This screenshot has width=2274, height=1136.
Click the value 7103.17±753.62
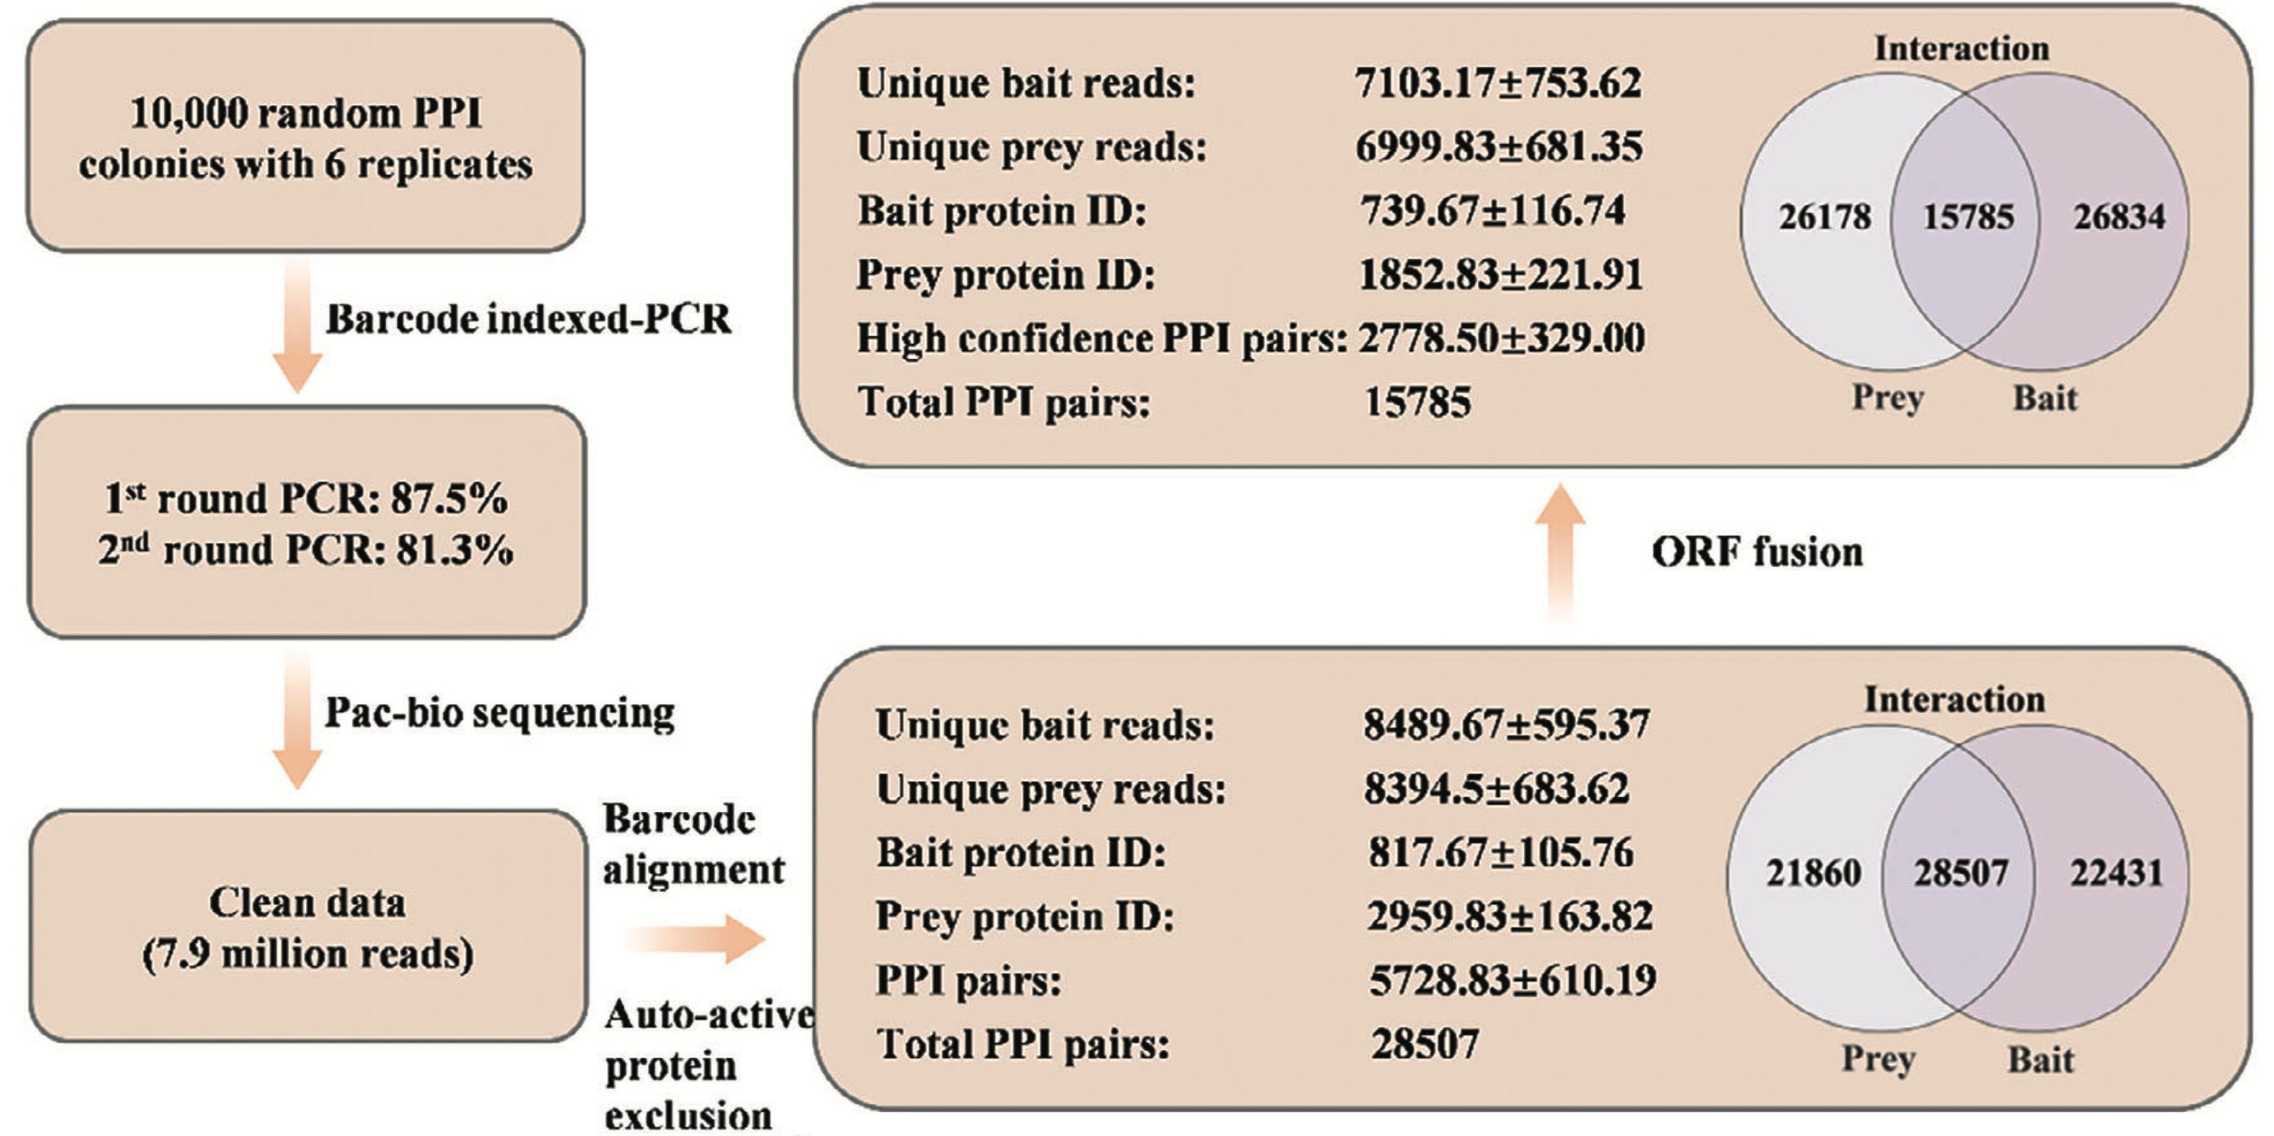pos(1498,83)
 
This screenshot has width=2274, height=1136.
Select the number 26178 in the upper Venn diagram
pos(1825,217)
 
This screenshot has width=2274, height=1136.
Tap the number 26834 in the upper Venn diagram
pos(2119,217)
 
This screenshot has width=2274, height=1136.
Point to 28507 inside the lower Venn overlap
pos(1960,873)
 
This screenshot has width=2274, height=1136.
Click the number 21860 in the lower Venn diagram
pos(1813,873)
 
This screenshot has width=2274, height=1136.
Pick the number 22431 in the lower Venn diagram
pos(2117,873)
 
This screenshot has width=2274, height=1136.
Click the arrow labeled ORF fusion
pos(1560,553)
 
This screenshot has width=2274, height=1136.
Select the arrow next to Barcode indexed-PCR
pos(298,325)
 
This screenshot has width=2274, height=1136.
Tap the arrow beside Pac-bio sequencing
pos(298,719)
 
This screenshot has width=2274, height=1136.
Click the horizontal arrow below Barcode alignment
pos(695,938)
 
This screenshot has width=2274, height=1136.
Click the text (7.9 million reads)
pos(308,954)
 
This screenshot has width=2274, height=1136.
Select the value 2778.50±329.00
pos(1502,338)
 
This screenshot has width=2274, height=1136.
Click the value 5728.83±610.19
pos(1512,980)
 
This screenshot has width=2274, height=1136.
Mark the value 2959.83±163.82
pos(1509,917)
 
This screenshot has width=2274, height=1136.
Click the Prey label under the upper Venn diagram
pos(1887,399)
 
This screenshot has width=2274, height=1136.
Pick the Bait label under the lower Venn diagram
pos(2041,1059)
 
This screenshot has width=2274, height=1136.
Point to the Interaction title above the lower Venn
pos(1954,699)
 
